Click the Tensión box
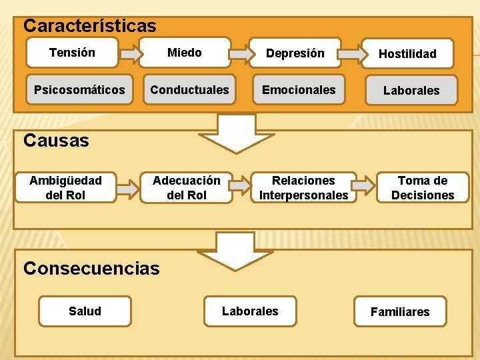(x=72, y=53)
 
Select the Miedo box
(x=185, y=53)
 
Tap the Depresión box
(x=295, y=53)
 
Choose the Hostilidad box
(x=407, y=54)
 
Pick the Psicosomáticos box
(x=79, y=89)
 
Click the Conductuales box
(x=189, y=89)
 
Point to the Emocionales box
(x=299, y=89)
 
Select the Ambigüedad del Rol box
(x=65, y=187)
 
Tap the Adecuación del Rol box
(x=187, y=187)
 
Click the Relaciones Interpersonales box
(x=303, y=187)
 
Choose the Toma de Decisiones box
(x=423, y=187)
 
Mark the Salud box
(x=85, y=311)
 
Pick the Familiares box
(x=400, y=311)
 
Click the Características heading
(x=90, y=26)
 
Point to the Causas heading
(x=56, y=140)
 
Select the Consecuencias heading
(x=91, y=268)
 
